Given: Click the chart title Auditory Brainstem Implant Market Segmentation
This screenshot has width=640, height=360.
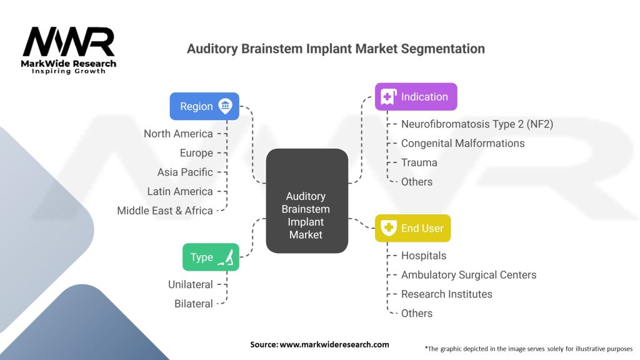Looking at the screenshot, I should (x=336, y=49).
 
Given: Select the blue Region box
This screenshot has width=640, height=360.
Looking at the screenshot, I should (x=204, y=106).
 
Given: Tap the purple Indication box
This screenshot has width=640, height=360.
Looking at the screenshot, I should (x=416, y=97).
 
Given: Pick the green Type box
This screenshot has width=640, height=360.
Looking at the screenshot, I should (x=211, y=257).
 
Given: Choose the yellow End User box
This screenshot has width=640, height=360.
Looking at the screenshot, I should (x=412, y=228).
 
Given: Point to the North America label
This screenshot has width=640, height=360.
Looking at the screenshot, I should (x=178, y=134).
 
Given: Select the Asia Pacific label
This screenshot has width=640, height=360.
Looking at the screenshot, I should (x=185, y=172).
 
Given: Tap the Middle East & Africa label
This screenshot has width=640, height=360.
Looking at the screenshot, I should (x=165, y=211).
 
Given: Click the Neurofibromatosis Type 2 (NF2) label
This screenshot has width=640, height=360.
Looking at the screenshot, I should (x=477, y=124).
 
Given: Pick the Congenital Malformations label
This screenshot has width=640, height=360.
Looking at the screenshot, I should (x=462, y=143).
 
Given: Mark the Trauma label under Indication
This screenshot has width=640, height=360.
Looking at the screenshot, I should (x=419, y=162).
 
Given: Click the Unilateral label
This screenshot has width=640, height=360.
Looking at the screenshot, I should (x=191, y=284).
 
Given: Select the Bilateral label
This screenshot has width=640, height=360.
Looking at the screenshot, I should (x=194, y=304).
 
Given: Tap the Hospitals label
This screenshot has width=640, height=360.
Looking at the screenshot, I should (x=424, y=256).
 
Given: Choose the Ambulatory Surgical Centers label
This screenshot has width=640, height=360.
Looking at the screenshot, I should (x=469, y=275).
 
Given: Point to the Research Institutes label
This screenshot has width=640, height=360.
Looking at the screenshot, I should (x=446, y=294).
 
